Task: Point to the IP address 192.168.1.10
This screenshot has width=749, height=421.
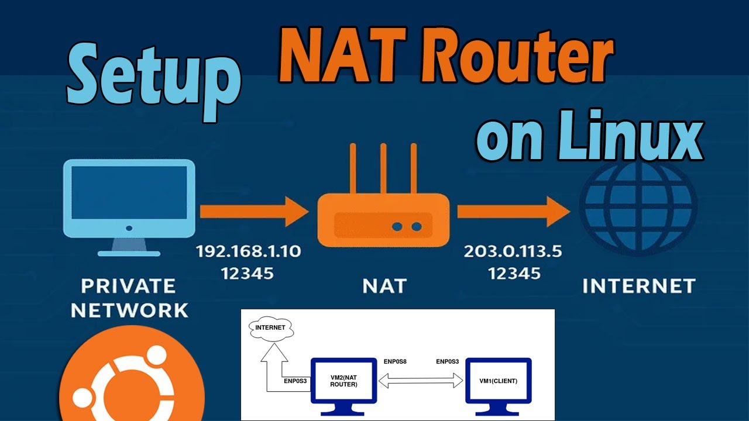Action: (248, 251)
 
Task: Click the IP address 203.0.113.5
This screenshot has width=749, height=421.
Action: (513, 251)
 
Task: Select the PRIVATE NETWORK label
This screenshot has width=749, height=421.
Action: (129, 298)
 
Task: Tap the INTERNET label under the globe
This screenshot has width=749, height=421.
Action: (638, 286)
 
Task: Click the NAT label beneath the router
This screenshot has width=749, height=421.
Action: (384, 286)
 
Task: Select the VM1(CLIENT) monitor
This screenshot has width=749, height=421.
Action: (498, 381)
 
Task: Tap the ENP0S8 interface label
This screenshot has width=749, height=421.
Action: (394, 362)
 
